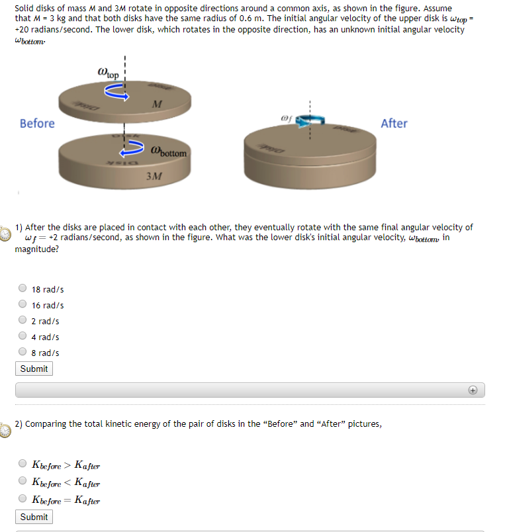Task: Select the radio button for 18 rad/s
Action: click(x=23, y=288)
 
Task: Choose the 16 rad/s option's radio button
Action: click(x=23, y=305)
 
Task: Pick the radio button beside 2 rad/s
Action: click(x=23, y=321)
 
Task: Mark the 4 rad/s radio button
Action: click(x=23, y=337)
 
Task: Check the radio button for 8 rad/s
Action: click(x=23, y=353)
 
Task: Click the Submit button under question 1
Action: click(x=34, y=369)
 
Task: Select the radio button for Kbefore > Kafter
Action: click(x=23, y=464)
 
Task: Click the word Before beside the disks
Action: click(x=37, y=124)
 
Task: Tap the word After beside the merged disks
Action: click(x=394, y=124)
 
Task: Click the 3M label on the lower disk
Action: click(x=153, y=177)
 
